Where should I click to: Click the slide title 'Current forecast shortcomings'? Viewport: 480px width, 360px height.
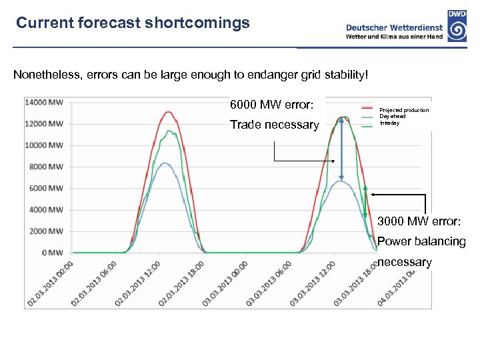(133, 23)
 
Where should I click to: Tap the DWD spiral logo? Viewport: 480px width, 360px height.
(457, 29)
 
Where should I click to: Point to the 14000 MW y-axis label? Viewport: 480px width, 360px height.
(44, 102)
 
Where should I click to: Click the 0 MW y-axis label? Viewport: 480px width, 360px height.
(52, 253)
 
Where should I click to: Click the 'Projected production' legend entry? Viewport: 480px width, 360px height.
(404, 110)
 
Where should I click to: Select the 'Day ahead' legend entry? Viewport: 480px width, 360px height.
(393, 117)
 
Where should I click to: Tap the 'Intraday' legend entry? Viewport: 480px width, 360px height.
(390, 123)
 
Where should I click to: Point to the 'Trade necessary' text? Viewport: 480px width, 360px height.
(274, 125)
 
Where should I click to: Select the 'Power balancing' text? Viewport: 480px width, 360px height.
(421, 241)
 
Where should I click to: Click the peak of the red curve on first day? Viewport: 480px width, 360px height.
(169, 112)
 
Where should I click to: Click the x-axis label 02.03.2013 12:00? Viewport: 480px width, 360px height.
(137, 283)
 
